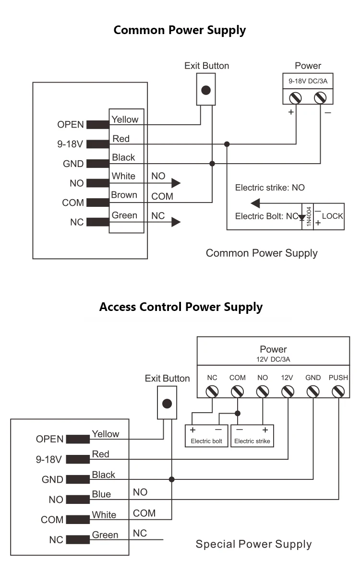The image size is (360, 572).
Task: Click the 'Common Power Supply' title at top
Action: coord(180,30)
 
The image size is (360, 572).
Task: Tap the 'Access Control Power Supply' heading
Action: coord(180,307)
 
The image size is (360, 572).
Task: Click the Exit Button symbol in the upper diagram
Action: coord(206,90)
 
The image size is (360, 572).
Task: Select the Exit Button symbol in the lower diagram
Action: coord(167,404)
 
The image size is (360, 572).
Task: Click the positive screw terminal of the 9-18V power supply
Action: coord(294,98)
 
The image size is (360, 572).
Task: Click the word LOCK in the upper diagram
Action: coord(332,216)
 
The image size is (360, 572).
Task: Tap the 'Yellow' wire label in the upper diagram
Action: coord(125,119)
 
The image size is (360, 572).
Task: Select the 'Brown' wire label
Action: coord(124,195)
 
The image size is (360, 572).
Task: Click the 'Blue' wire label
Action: coord(101,494)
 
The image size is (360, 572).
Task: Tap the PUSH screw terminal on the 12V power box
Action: coord(338,392)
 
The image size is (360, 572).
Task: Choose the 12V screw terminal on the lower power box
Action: coord(288,392)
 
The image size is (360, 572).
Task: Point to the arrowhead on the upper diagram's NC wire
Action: coord(176,222)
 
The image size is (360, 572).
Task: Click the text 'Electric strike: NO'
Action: coord(270,188)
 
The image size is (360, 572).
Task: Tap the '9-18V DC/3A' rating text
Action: coord(308,81)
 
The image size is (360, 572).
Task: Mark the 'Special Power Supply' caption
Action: coord(253,544)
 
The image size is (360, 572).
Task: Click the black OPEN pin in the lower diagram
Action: coord(78,439)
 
